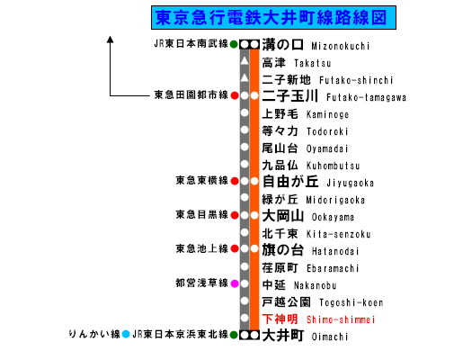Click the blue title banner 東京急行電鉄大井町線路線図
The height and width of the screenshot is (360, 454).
pos(273,17)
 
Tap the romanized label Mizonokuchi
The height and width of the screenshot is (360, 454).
pos(341,46)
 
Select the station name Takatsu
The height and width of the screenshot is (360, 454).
pos(313,63)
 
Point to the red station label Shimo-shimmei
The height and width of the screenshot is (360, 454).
pos(341,319)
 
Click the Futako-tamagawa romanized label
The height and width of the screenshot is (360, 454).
pos(366,97)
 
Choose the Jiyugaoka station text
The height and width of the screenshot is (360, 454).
pos(350,183)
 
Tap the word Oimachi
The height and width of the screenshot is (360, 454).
pos(330,337)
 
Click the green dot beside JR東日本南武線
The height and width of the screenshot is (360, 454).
pos(234,44)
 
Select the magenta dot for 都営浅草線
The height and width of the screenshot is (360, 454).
pos(235,283)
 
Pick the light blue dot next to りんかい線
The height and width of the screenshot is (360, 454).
pos(126,334)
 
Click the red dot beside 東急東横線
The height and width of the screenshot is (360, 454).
pos(235,181)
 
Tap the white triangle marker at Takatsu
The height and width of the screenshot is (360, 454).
pos(245,61)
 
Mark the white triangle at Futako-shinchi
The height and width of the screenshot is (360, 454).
pos(245,78)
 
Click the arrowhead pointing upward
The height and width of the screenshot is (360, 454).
pos(111,40)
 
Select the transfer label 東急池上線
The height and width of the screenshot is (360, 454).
pos(202,248)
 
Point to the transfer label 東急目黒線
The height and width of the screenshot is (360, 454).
pos(202,214)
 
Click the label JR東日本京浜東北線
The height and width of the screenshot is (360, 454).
pos(181,334)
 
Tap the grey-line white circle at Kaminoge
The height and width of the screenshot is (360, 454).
pos(245,112)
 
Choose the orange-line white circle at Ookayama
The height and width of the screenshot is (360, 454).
pos(254,215)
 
